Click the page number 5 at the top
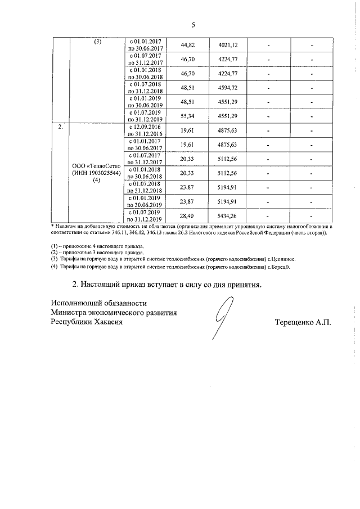192,25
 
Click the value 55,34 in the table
187,116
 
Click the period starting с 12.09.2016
145,130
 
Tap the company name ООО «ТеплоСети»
97,166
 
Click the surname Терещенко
295,322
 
